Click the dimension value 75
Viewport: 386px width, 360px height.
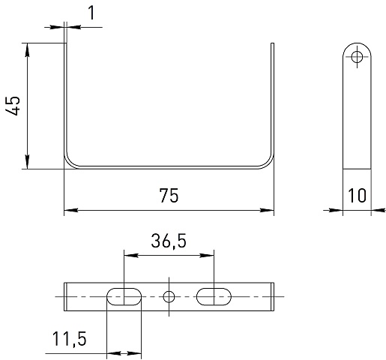tap(169, 195)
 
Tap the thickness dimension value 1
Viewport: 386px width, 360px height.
tap(91, 13)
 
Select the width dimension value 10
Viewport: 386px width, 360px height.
tap(357, 195)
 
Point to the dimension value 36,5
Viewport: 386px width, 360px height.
tap(169, 241)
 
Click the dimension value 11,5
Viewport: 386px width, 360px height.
tap(69, 339)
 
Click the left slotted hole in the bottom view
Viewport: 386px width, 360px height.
tap(124, 296)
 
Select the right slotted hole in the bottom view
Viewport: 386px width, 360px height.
tap(214, 296)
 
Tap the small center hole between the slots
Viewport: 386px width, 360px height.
tap(169, 297)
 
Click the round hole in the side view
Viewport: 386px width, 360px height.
tap(357, 57)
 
